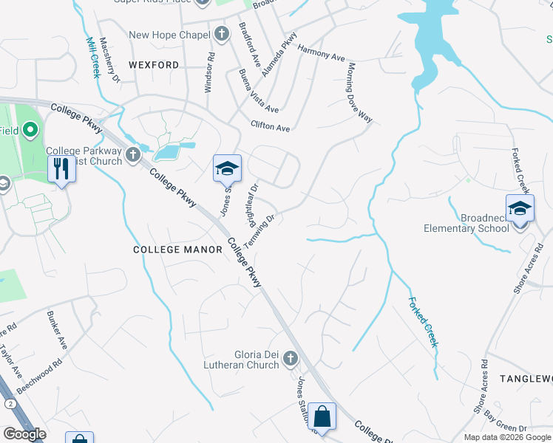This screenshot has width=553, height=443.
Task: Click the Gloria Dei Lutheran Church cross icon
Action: [290, 359]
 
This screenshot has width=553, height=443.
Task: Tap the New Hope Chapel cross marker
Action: [221, 35]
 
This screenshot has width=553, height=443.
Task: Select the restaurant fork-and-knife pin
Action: [61, 169]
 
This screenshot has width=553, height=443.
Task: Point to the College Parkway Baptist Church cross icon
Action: [132, 154]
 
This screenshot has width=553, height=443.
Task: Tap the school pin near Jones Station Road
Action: [228, 168]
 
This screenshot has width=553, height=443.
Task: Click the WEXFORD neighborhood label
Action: [154, 65]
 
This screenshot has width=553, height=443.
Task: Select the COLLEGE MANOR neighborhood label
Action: [177, 250]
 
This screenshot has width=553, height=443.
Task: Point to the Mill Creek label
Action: [92, 58]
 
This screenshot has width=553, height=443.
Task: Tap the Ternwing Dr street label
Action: [259, 230]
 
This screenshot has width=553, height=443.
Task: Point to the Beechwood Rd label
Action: [44, 374]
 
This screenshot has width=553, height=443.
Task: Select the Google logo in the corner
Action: [24, 434]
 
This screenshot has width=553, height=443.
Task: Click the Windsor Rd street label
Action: [210, 72]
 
